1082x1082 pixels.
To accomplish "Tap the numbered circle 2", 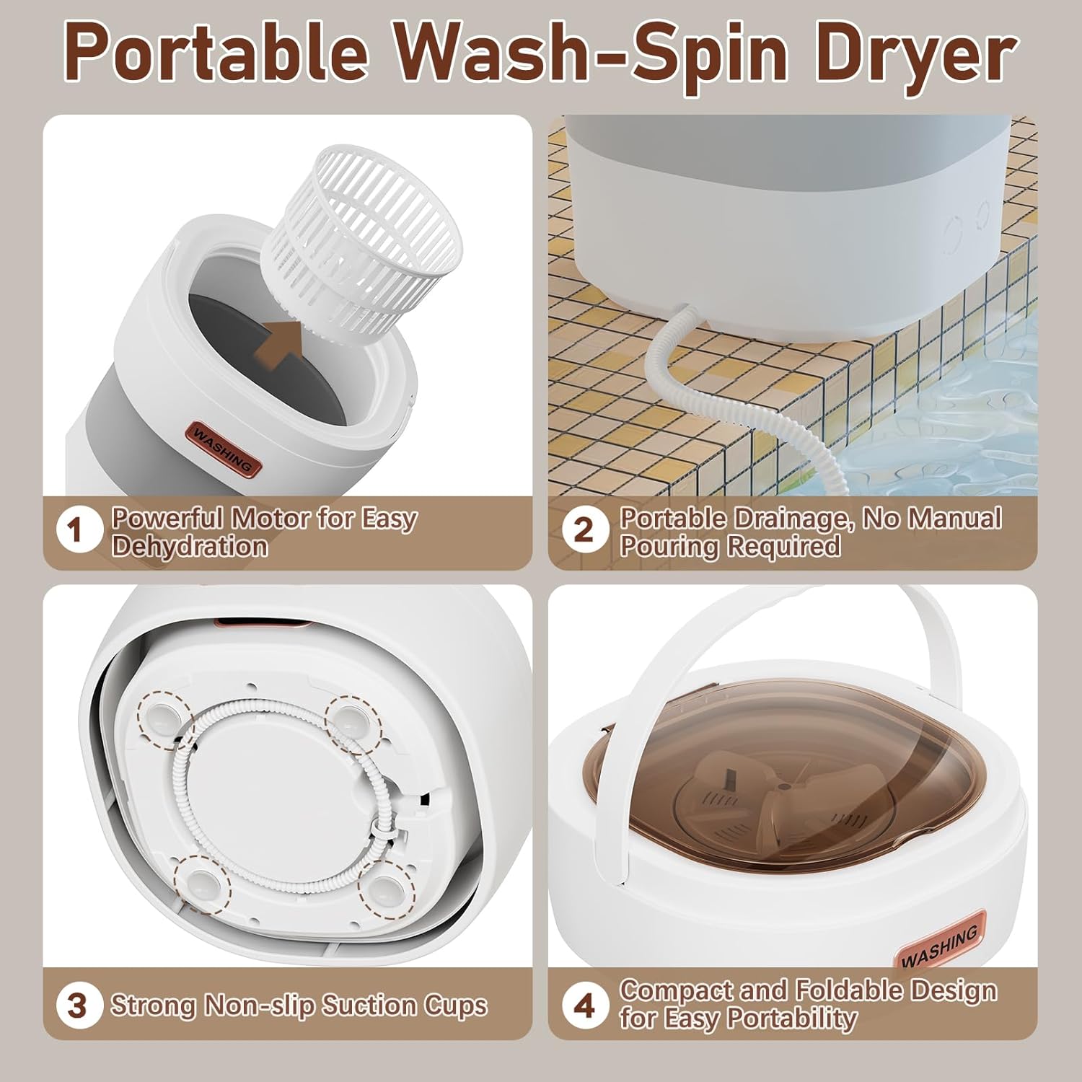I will (584, 532).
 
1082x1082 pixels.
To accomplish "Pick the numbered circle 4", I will (584, 1005).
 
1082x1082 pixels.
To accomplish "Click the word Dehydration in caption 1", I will (189, 546).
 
